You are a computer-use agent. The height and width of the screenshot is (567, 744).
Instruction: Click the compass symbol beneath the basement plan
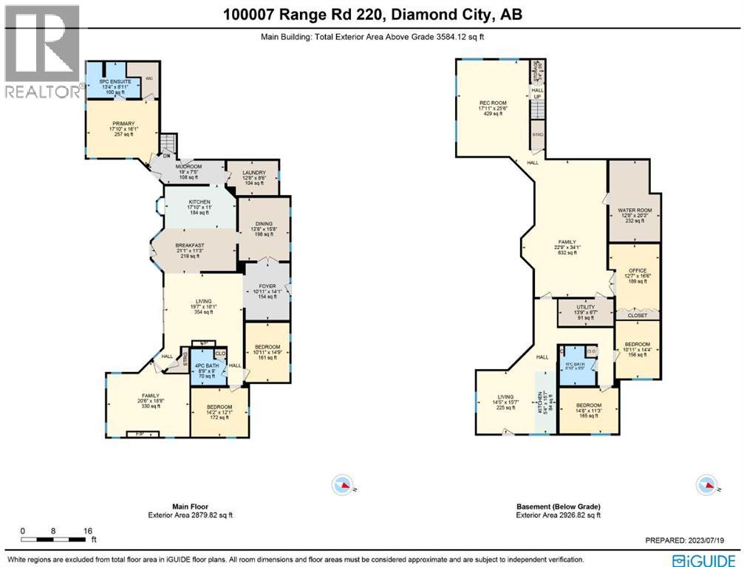(x=703, y=485)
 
